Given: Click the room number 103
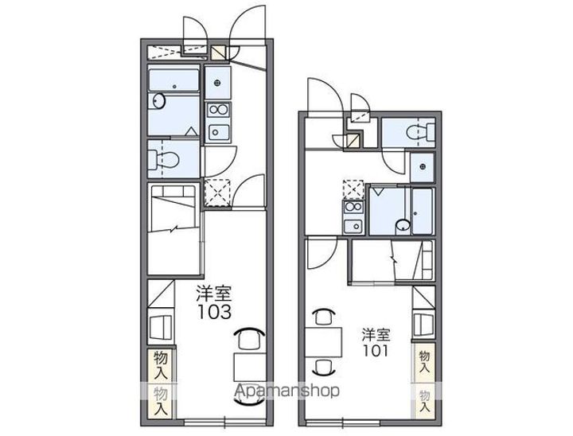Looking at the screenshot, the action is point(215,312).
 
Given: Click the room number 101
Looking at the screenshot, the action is point(376,351).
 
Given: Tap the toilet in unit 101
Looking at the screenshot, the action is point(420,130).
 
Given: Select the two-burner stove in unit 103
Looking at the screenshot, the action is point(217,110).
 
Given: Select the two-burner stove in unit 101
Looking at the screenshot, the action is point(353,207).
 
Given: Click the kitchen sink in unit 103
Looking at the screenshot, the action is point(218,132).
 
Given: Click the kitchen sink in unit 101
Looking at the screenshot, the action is point(353,226).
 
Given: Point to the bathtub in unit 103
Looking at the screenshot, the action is point(174,80).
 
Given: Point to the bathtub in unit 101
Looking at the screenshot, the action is point(422,211).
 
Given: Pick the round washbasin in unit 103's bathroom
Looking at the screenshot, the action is point(159,100).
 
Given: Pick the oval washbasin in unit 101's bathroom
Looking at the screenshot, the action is point(403,225).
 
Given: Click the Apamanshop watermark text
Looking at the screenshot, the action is point(286,391).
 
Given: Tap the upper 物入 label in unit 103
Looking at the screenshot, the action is point(161,364).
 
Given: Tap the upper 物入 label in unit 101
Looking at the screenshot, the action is point(424,362).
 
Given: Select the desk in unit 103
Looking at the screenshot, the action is point(250,367).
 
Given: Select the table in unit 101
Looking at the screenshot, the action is point(323,342).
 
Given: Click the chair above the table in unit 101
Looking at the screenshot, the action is point(324,317).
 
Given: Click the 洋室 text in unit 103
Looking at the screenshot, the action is point(214,293).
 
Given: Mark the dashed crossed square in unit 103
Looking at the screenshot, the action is point(216,193).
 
